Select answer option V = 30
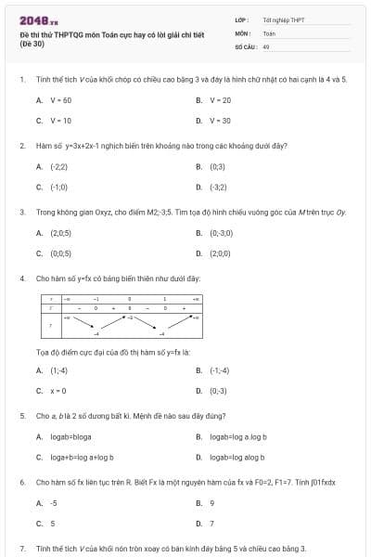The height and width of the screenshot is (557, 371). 220,121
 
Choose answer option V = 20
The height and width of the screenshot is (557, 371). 220,100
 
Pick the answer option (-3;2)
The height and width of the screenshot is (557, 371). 218,187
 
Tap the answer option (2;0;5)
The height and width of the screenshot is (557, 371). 60,233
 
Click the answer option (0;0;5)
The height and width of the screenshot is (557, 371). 60,253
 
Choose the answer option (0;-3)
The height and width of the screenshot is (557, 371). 218,391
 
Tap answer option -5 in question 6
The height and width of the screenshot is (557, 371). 53,503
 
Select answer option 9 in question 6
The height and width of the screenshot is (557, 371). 211,503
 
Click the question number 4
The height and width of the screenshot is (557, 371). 22,278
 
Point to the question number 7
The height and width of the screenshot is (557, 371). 22,549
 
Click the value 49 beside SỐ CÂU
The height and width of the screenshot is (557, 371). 266,45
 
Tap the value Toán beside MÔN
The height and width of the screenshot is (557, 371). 269,32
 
